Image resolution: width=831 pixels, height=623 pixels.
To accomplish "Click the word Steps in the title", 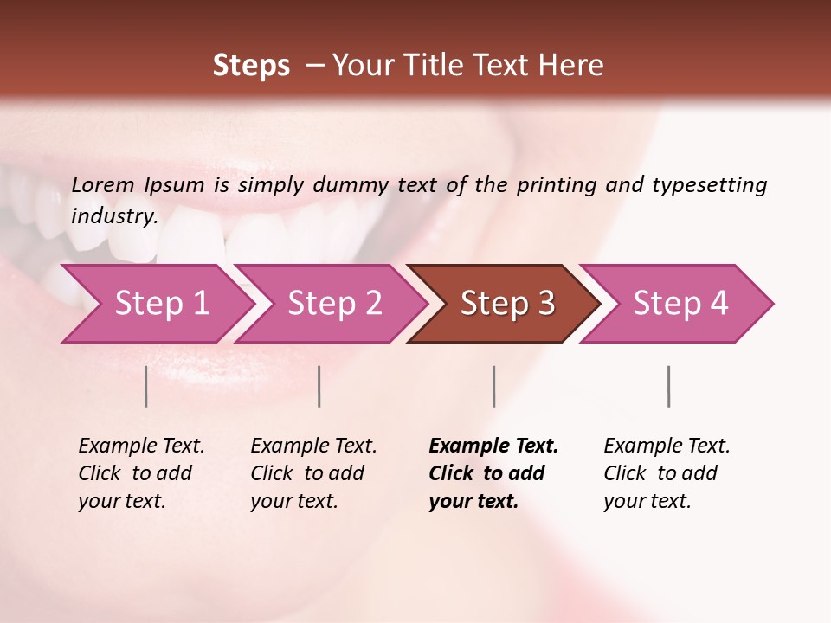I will [251, 66].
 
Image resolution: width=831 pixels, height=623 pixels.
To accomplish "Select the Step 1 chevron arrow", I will [161, 304].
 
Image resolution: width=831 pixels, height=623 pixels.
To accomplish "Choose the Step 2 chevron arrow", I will [334, 304].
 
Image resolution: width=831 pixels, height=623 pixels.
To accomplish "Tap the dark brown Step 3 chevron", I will [507, 304].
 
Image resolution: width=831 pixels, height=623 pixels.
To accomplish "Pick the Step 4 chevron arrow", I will [680, 304].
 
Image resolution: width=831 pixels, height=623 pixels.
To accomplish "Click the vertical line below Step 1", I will [146, 386].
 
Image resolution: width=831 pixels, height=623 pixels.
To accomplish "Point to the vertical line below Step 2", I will [319, 386].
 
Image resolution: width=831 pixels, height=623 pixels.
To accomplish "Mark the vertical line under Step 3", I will [493, 386].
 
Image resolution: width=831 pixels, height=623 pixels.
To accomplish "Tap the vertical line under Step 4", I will [668, 386].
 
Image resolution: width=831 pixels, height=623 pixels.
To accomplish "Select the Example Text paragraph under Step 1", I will [141, 473].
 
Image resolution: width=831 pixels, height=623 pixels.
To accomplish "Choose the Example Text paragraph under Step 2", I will [313, 473].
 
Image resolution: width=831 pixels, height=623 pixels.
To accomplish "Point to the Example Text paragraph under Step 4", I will [667, 473].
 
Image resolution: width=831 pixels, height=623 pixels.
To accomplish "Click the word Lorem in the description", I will [103, 185].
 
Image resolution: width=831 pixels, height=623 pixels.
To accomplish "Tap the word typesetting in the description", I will [710, 185].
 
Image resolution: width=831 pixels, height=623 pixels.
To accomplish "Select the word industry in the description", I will [114, 216].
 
